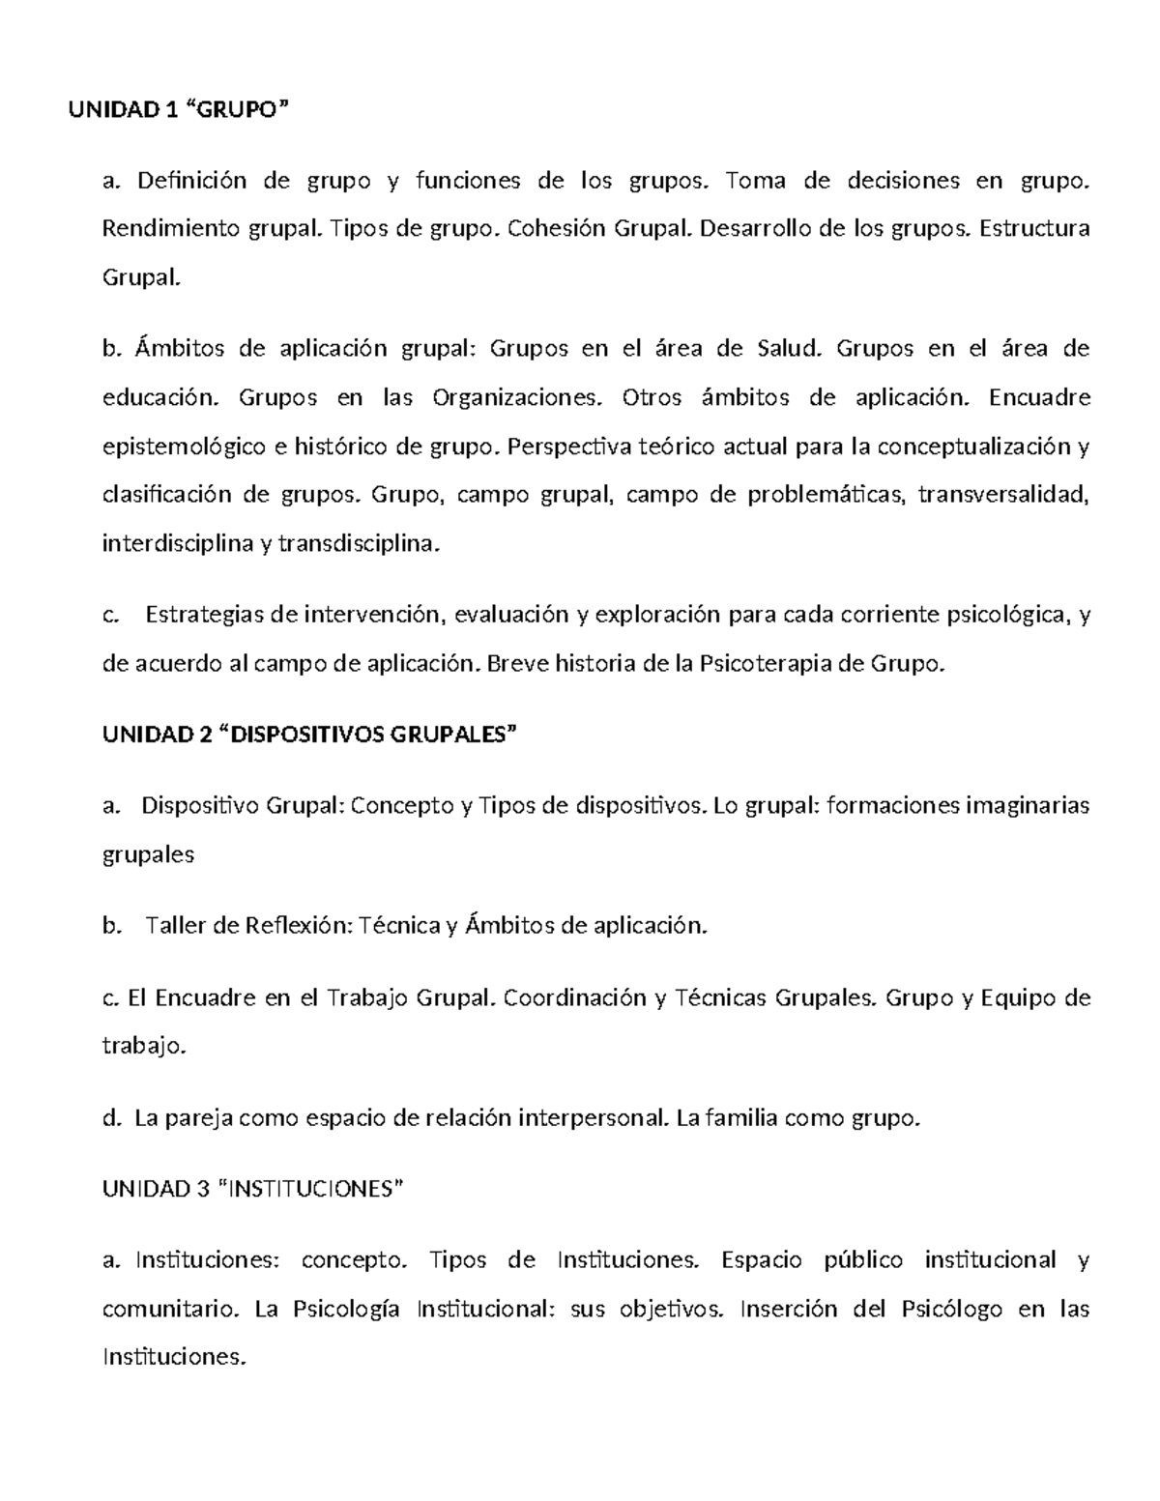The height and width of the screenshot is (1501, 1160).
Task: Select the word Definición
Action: pyautogui.click(x=192, y=180)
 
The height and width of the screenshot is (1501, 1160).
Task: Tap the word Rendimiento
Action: pyautogui.click(x=159, y=229)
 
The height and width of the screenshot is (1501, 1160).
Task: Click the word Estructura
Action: pyautogui.click(x=1034, y=229)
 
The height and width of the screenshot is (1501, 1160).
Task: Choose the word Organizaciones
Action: pyautogui.click(x=516, y=397)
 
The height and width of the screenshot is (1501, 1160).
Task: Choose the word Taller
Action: pyautogui.click(x=177, y=925)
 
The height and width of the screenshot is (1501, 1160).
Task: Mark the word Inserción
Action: pyautogui.click(x=788, y=1309)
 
